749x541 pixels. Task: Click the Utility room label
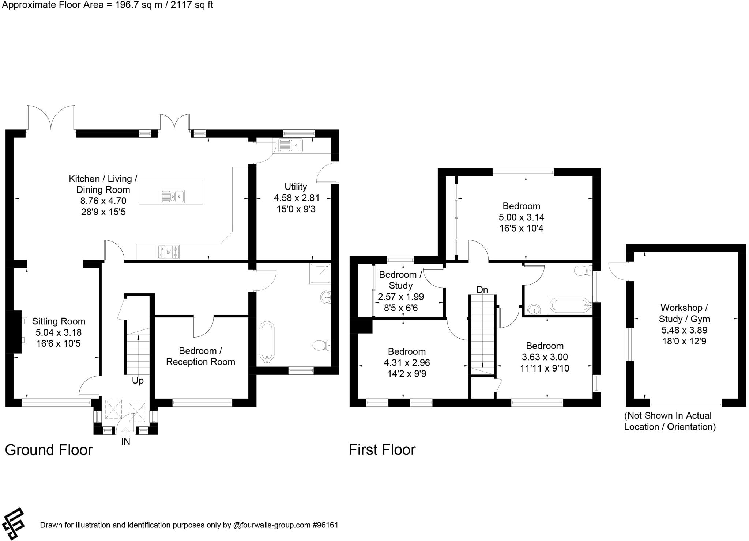296,187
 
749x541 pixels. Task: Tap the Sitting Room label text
59,321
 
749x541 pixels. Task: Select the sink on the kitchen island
173,197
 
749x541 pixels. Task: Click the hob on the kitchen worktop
169,252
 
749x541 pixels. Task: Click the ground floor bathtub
267,342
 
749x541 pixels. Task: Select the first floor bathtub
569,305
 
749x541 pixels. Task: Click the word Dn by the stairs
482,290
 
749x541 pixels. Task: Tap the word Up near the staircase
138,381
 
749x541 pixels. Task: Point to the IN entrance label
125,442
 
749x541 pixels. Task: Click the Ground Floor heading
49,450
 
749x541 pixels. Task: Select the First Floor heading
382,450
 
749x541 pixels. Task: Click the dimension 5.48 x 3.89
684,330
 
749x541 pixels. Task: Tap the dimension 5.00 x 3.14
522,217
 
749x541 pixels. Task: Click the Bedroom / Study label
400,280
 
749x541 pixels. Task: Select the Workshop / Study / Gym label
684,313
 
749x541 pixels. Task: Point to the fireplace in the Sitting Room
16,331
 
